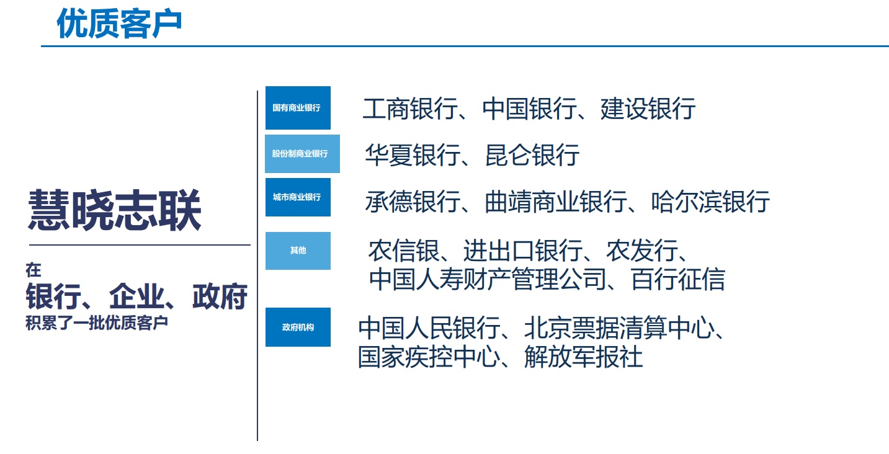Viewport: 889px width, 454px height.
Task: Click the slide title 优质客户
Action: click(x=119, y=24)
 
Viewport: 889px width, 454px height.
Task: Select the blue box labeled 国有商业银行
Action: click(x=298, y=108)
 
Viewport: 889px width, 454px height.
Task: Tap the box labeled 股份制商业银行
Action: click(x=302, y=154)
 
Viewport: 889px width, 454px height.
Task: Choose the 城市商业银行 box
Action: click(x=298, y=197)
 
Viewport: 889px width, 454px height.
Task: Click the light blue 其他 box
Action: click(x=298, y=251)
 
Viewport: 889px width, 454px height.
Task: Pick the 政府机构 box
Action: click(x=298, y=327)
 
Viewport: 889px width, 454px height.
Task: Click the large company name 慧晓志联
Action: click(x=115, y=210)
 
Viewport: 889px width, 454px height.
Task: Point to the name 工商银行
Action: click(x=410, y=109)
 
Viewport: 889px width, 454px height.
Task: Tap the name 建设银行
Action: click(x=648, y=109)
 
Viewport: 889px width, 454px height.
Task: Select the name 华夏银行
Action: click(x=413, y=155)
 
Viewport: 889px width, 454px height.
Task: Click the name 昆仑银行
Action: click(x=532, y=155)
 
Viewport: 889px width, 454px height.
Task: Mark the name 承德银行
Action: click(x=413, y=202)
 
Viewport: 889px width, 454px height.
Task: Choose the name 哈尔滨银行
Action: click(x=710, y=202)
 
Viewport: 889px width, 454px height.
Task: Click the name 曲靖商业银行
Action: click(x=556, y=202)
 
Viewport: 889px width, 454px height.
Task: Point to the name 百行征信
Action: click(x=678, y=279)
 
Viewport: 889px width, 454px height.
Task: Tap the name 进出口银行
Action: click(x=523, y=251)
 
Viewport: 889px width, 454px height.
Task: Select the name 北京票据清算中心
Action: click(x=620, y=328)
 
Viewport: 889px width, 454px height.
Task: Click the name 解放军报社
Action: click(x=583, y=357)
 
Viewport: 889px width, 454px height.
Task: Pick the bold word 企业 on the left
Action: click(x=136, y=296)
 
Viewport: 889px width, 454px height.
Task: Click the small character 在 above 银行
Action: click(x=34, y=270)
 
